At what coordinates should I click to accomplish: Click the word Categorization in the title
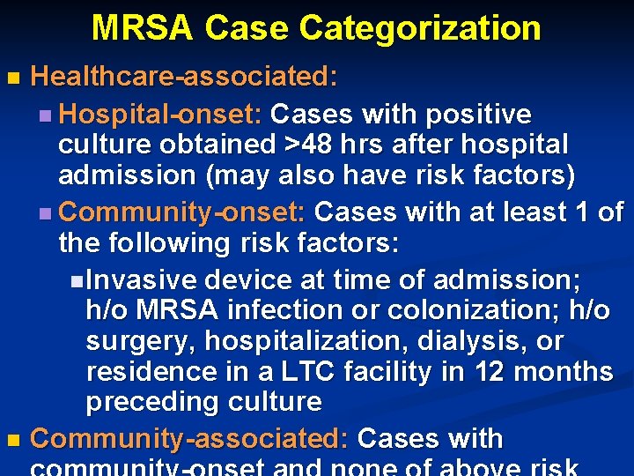click(419, 28)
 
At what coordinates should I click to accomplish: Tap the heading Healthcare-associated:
click(184, 77)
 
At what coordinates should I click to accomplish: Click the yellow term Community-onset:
click(181, 212)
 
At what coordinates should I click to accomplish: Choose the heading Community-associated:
click(190, 439)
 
